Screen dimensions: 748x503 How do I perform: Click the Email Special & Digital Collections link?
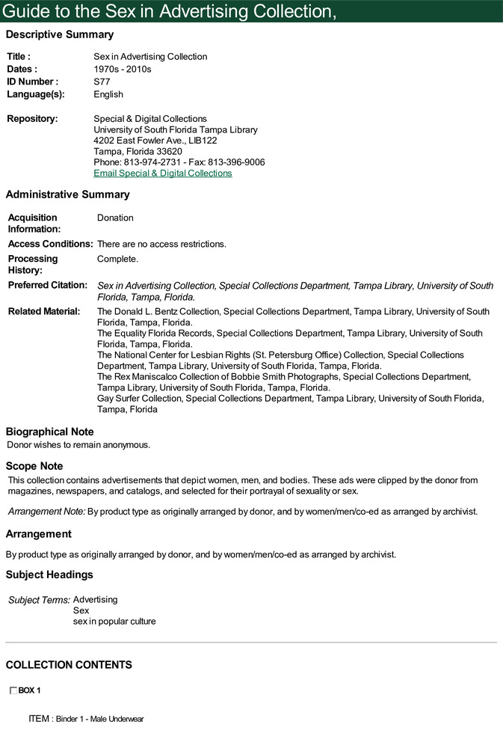point(162,174)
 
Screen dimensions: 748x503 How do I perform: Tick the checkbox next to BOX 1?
point(13,690)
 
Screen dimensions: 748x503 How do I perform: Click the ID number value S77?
point(102,82)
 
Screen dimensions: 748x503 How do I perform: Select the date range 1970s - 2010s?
point(123,69)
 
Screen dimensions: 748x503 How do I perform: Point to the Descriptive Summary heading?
point(60,34)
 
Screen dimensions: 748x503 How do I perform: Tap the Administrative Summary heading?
point(67,194)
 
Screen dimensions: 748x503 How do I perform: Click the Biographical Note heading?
point(50,432)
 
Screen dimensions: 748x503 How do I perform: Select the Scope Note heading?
point(34,466)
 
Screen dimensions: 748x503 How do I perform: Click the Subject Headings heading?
point(49,574)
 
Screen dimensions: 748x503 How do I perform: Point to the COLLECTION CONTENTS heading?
point(69,665)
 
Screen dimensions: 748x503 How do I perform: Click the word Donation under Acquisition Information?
point(115,218)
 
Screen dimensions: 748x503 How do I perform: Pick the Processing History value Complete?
point(117,259)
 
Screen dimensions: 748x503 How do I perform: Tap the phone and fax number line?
point(179,162)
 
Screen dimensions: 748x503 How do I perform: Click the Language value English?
point(108,94)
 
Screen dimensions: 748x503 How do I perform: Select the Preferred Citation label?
point(48,285)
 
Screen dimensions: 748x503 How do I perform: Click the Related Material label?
point(44,311)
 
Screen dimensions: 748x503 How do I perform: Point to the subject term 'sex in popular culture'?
point(114,622)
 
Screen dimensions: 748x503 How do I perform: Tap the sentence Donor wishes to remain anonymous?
point(78,445)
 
